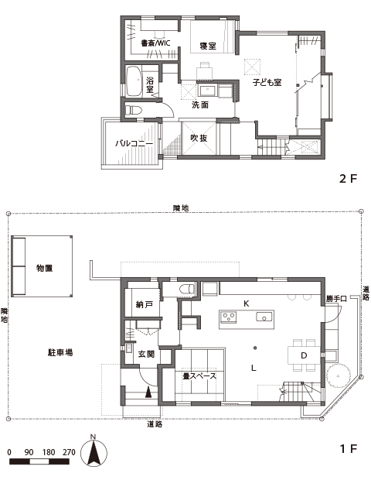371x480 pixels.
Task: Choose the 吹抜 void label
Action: point(199,139)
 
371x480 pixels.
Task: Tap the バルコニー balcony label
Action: point(132,144)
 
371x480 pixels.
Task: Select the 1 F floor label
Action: point(348,449)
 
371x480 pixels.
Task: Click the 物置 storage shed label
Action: point(44,268)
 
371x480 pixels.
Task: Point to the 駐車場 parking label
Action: point(58,352)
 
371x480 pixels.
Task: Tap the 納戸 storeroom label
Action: point(143,306)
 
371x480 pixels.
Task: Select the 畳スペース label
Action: point(199,376)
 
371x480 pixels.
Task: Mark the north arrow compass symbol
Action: point(93,453)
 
